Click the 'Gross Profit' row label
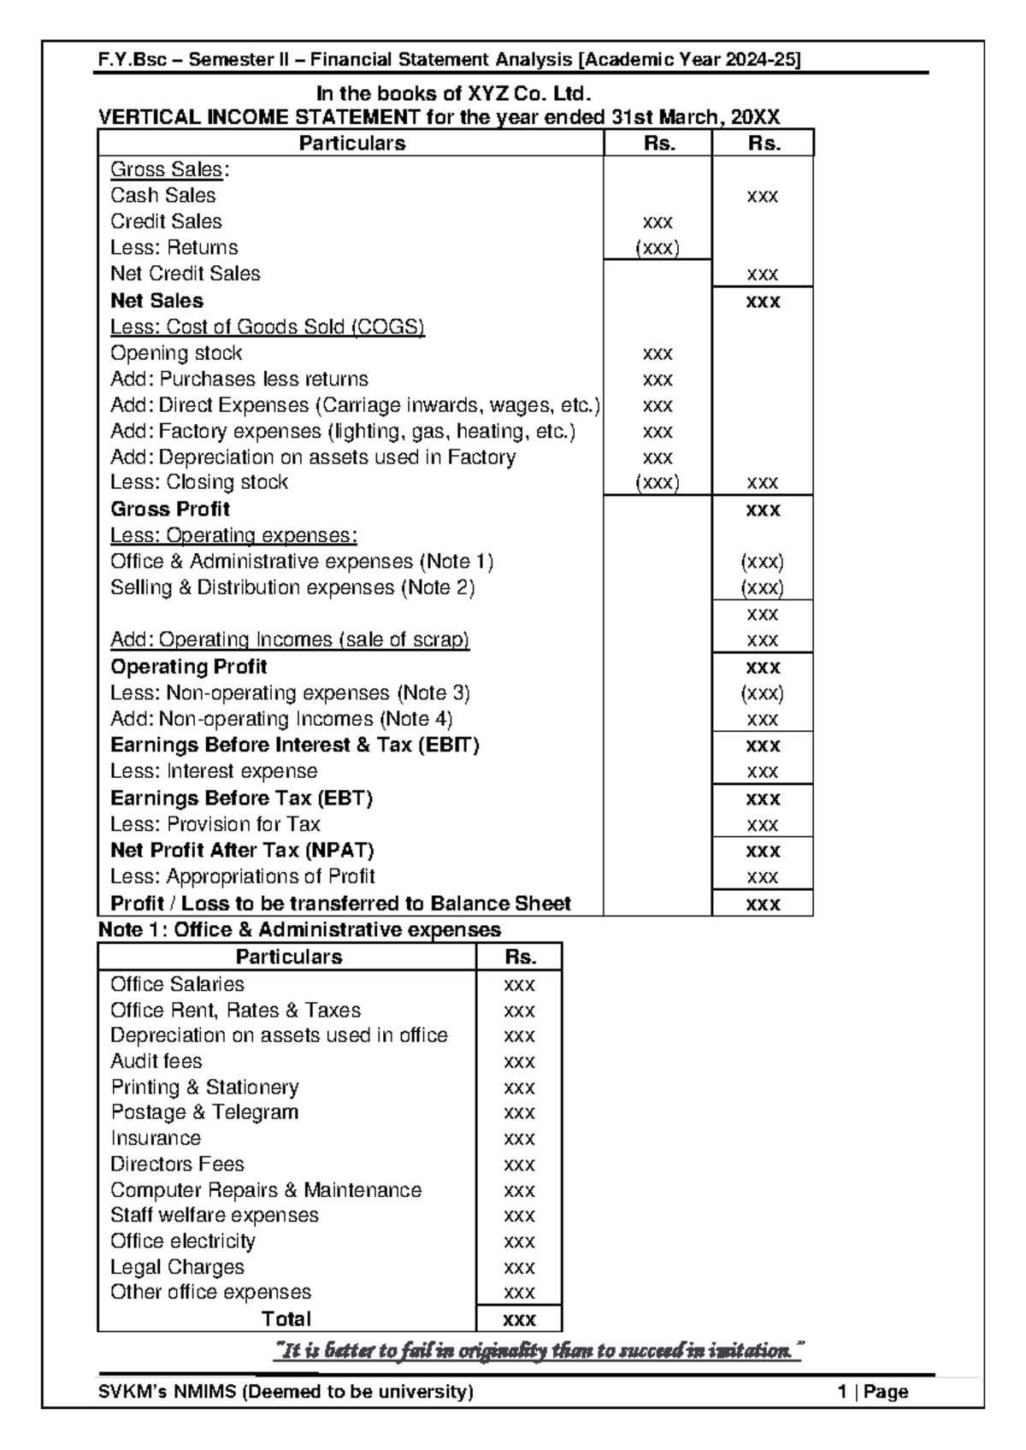[x=170, y=510]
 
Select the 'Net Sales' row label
[x=156, y=301]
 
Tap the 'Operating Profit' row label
[x=189, y=667]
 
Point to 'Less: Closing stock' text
[x=199, y=482]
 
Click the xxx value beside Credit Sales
[x=657, y=222]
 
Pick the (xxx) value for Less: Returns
[x=657, y=248]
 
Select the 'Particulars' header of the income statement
[x=351, y=144]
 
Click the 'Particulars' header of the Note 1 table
[x=288, y=958]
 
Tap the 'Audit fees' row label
[x=156, y=1062]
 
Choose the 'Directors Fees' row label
[x=177, y=1164]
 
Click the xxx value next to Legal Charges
[x=519, y=1267]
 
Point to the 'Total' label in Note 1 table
[x=286, y=1319]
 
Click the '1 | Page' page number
[x=873, y=1392]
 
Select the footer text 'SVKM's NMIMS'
[x=286, y=1392]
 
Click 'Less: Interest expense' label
[x=214, y=771]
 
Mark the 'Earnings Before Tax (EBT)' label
[x=242, y=799]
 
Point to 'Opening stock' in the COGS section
[x=176, y=353]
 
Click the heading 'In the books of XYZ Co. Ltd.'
[x=453, y=93]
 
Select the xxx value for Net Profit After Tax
[x=763, y=852]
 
